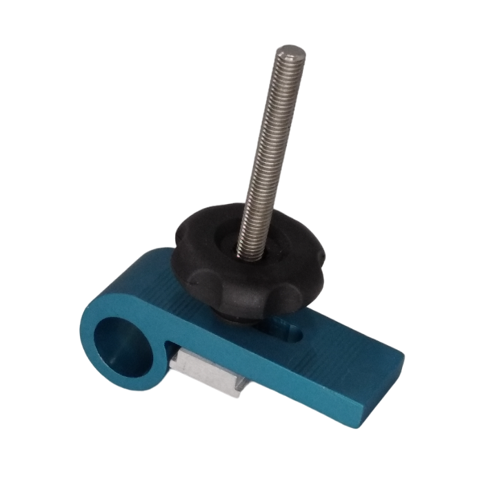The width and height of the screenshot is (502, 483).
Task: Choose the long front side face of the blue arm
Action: click(x=290, y=382)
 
